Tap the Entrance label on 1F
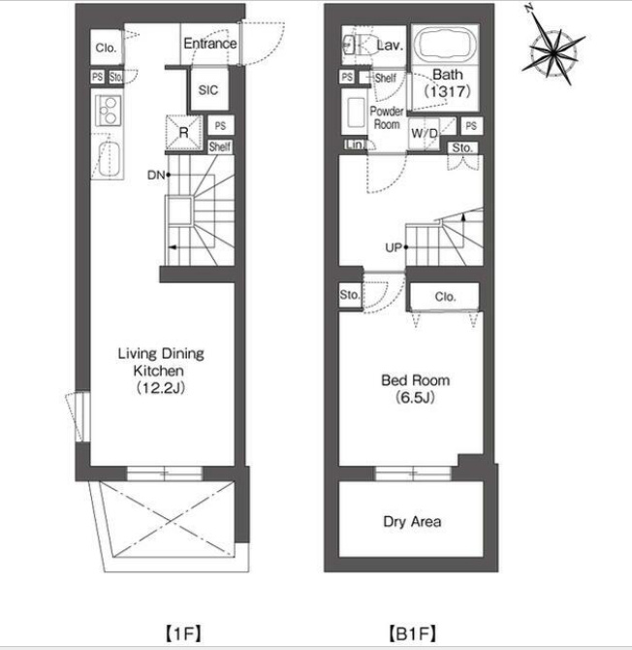point(210,43)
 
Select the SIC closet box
point(208,89)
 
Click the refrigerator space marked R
point(184,132)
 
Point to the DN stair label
point(156,175)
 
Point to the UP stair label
point(394,247)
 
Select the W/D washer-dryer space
point(425,134)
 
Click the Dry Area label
point(412,522)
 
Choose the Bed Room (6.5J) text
point(415,389)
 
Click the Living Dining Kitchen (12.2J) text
point(161,371)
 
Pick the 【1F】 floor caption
point(183,634)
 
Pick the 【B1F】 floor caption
point(413,634)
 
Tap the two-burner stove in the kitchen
point(109,111)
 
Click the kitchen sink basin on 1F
point(110,159)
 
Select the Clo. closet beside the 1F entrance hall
point(106,48)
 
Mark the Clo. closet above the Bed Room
point(445,297)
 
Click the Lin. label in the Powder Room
point(355,145)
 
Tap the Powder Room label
point(387,117)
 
